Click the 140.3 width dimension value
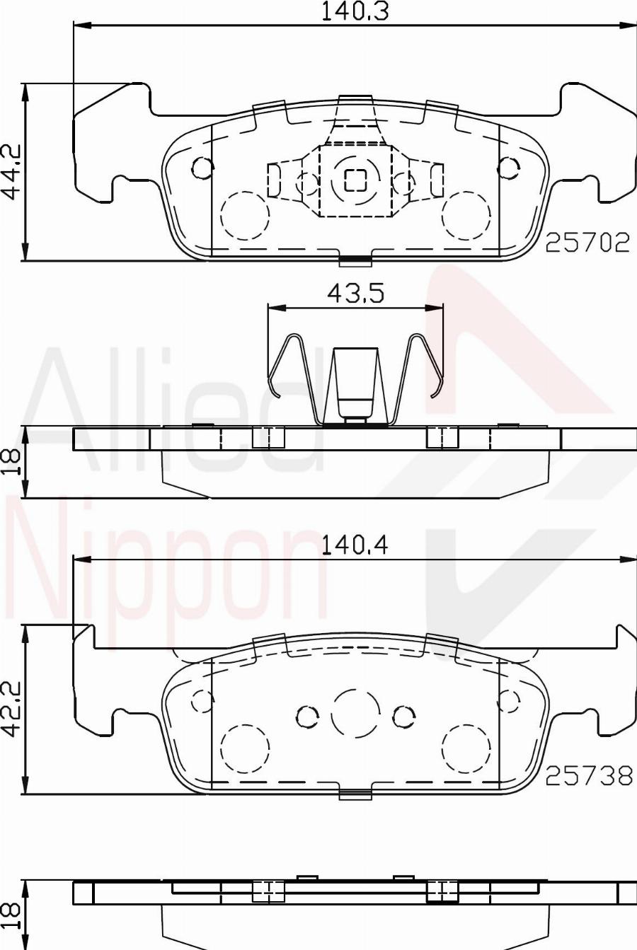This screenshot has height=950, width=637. [x=355, y=11]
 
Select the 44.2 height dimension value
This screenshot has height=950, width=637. [x=11, y=173]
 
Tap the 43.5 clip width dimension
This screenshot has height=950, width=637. [x=355, y=292]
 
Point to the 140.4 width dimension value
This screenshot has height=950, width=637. [x=355, y=545]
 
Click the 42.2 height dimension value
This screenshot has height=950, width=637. [x=11, y=709]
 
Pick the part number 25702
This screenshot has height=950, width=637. [x=587, y=243]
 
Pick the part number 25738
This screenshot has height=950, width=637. [x=588, y=776]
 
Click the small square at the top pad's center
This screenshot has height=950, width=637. [x=355, y=180]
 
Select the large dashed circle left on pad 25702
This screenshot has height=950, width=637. [x=245, y=216]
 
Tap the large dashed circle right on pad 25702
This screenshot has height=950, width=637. [x=466, y=216]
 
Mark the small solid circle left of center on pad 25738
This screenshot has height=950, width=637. [x=307, y=717]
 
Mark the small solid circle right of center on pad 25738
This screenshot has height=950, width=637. [x=403, y=717]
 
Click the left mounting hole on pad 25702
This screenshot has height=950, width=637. [x=202, y=168]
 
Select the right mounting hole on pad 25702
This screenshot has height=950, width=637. [x=507, y=168]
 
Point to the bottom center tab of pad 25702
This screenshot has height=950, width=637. [x=355, y=261]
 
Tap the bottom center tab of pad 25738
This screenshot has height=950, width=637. [x=355, y=794]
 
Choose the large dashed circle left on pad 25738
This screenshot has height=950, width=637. [x=245, y=748]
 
